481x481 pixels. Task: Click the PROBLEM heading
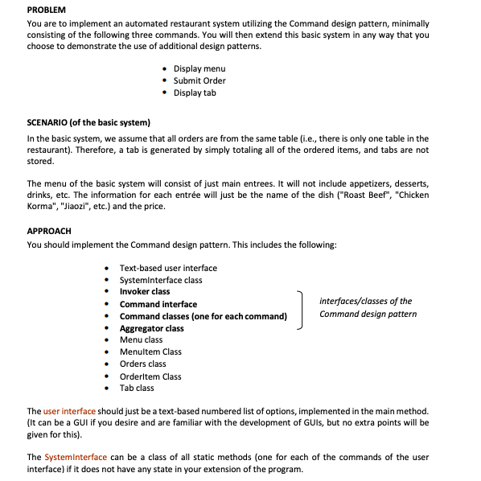47,9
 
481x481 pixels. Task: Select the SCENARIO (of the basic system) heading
88,122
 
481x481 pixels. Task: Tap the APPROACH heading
49,231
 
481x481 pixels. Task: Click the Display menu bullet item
199,68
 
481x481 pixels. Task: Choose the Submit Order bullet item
199,80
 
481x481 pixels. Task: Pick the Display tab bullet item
195,92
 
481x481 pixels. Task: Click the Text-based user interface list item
168,268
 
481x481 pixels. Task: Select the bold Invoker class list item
145,291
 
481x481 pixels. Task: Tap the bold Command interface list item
158,304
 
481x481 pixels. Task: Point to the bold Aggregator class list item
151,328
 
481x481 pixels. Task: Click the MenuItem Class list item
150,351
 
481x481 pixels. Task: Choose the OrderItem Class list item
150,376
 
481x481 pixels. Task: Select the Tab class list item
137,388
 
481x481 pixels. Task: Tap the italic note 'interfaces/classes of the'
365,301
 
